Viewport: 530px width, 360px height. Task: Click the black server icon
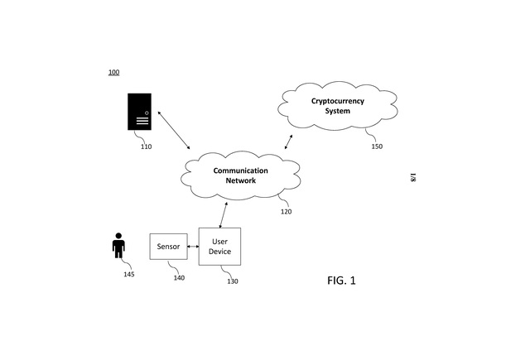[140, 112]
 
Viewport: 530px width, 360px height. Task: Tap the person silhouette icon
[119, 247]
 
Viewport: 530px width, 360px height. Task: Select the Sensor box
[168, 247]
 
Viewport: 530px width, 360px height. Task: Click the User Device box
[219, 246]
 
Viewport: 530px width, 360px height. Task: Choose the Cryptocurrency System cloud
[337, 106]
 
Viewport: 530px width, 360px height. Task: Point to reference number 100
[113, 73]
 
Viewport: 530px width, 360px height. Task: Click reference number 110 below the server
[146, 146]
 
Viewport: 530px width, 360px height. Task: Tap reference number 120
[286, 211]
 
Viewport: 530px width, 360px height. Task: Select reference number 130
[233, 281]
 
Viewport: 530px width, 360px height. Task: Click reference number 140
[179, 277]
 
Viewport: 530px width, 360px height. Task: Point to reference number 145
[128, 274]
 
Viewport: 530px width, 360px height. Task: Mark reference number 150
[377, 146]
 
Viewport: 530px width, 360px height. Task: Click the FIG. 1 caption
[341, 281]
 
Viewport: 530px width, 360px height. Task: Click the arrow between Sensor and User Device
[192, 247]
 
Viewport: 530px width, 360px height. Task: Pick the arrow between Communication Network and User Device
[221, 215]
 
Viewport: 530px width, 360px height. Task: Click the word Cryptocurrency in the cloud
[337, 101]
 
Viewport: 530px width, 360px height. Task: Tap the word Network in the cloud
[241, 180]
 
